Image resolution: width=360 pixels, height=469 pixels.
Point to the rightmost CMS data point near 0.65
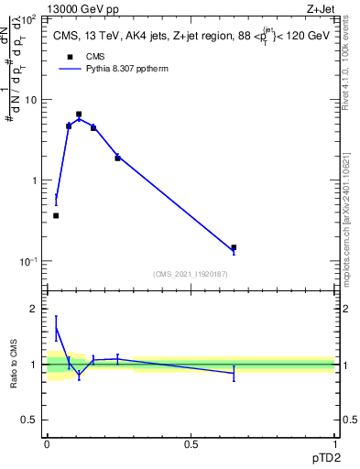(x=234, y=247)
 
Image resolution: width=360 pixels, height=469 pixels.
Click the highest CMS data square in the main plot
(x=79, y=115)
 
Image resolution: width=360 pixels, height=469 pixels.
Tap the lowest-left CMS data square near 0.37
(x=56, y=215)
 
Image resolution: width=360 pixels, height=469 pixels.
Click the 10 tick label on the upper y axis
(x=35, y=100)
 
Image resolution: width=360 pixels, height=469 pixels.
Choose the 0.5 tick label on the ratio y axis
(x=32, y=420)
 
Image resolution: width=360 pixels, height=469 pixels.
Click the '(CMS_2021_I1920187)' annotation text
(x=191, y=274)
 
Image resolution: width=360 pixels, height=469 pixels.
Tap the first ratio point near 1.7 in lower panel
(x=56, y=327)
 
